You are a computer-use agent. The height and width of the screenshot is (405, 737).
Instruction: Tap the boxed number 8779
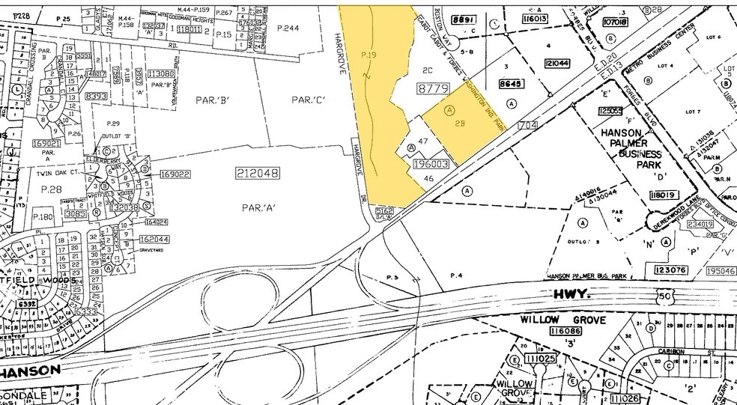pyautogui.click(x=433, y=89)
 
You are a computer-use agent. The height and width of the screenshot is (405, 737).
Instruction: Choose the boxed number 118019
pyautogui.click(x=663, y=195)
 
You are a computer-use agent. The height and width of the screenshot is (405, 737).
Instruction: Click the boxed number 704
pyautogui.click(x=527, y=126)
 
